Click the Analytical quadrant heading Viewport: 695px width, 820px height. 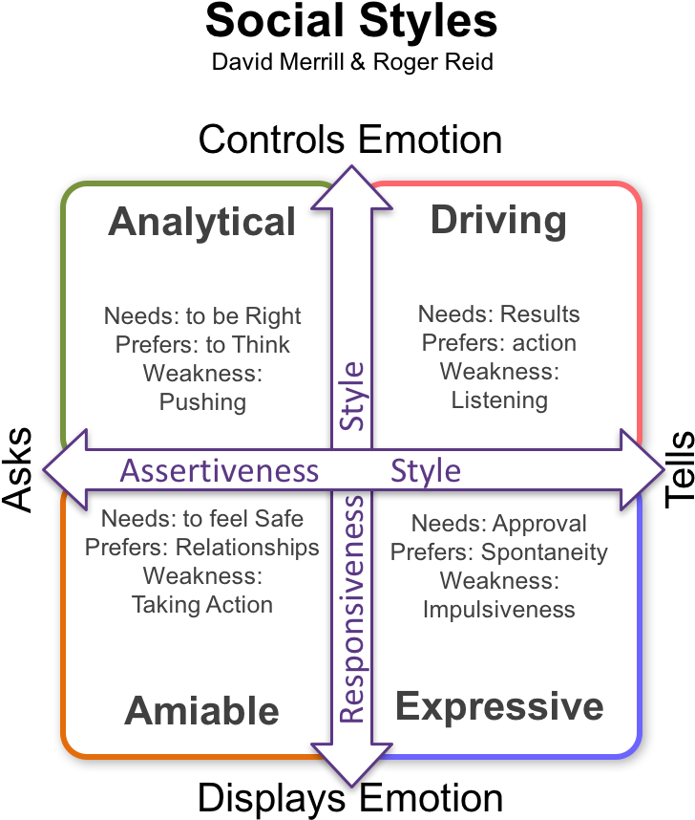tap(202, 222)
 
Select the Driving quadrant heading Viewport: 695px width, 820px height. tap(498, 220)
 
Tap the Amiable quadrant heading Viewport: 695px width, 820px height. tap(202, 711)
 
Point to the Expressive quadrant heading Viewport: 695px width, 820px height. tap(499, 707)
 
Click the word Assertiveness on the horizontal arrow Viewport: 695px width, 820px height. tap(220, 471)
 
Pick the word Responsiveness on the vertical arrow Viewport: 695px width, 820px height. tap(352, 609)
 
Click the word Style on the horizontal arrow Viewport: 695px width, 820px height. tap(426, 471)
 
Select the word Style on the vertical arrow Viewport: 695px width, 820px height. tap(352, 395)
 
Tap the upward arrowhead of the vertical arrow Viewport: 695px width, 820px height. tap(351, 186)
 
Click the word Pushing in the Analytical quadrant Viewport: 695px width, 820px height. tap(202, 400)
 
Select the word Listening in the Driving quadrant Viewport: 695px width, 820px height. tap(499, 399)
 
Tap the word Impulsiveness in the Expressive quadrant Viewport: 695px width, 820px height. tap(499, 609)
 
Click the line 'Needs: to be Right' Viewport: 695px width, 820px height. tap(202, 316)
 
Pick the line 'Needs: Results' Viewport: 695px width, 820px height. tap(499, 314)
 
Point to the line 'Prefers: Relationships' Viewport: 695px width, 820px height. tap(202, 548)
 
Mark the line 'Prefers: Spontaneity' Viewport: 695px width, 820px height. tap(499, 552)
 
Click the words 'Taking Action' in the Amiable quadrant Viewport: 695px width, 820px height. tap(202, 604)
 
